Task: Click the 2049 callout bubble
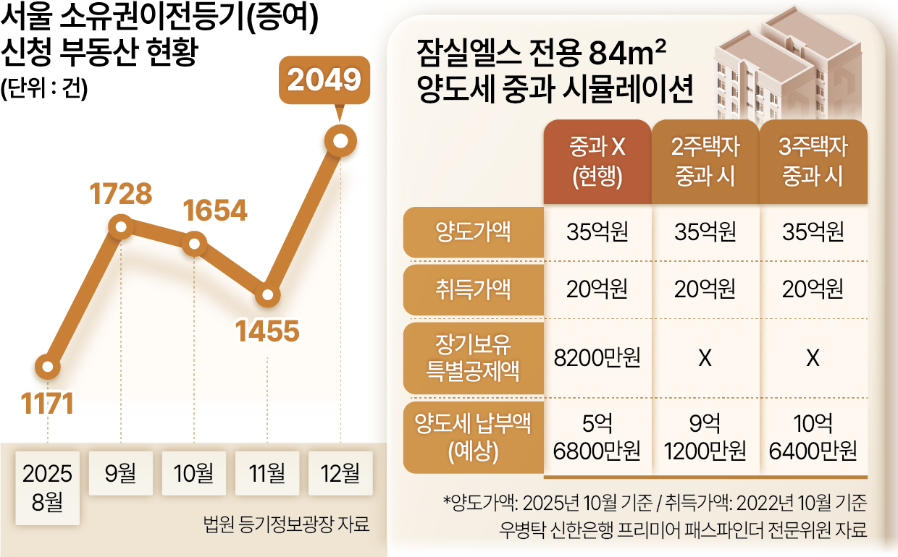[x=324, y=80]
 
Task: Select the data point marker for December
[x=340, y=140]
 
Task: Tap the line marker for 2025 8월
[x=48, y=367]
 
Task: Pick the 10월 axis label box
[x=193, y=475]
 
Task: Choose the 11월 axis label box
[x=267, y=475]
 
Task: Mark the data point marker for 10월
[x=193, y=244]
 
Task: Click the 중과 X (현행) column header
[x=597, y=162]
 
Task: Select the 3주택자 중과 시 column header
[x=813, y=162]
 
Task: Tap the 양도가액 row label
[x=473, y=232]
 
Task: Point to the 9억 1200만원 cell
[x=705, y=438]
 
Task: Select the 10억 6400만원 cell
[x=813, y=438]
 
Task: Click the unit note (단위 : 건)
[x=44, y=88]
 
